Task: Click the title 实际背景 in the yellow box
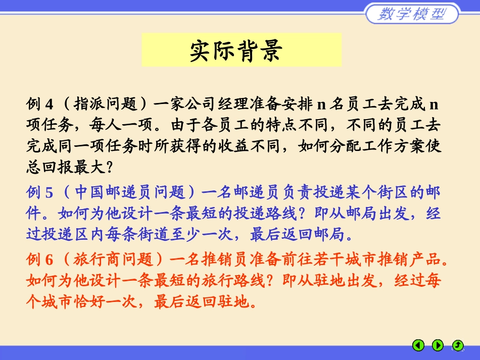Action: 241,50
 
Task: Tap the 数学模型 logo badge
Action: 412,14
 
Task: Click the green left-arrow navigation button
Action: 418,345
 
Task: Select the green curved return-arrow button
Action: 457,345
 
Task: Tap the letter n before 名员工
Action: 321,105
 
